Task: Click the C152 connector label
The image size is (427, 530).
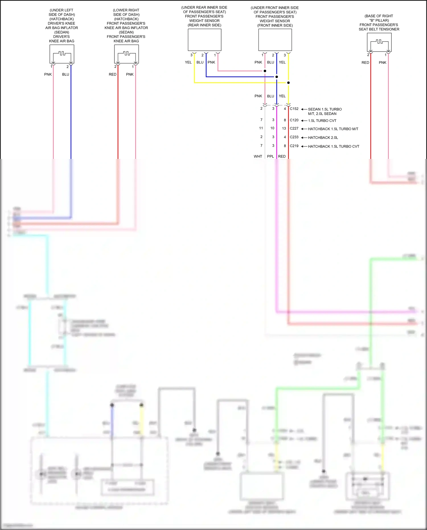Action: click(294, 109)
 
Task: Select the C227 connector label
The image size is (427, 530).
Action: click(294, 128)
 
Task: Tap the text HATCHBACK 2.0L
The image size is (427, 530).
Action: click(323, 138)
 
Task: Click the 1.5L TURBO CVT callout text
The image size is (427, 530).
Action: click(322, 121)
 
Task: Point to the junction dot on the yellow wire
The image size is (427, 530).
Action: click(288, 83)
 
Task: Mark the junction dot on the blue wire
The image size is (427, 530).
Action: click(276, 77)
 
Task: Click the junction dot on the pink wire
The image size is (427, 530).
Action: click(265, 71)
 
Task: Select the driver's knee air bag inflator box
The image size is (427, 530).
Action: click(62, 54)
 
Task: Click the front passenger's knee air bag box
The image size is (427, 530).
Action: click(126, 54)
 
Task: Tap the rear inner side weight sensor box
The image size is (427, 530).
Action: click(204, 40)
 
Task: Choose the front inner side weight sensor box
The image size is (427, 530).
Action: click(275, 40)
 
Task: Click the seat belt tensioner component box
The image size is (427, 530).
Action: click(379, 42)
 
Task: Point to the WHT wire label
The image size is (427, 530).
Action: click(258, 156)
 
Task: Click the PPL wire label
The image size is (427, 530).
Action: click(270, 156)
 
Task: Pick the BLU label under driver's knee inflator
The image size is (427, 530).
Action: click(65, 74)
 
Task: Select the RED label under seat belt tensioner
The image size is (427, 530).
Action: click(365, 63)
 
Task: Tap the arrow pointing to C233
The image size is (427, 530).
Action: click(304, 138)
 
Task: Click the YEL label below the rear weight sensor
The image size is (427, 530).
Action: click(188, 62)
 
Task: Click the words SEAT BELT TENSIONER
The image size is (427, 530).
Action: click(379, 29)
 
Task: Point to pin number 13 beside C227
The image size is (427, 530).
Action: click(284, 128)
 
